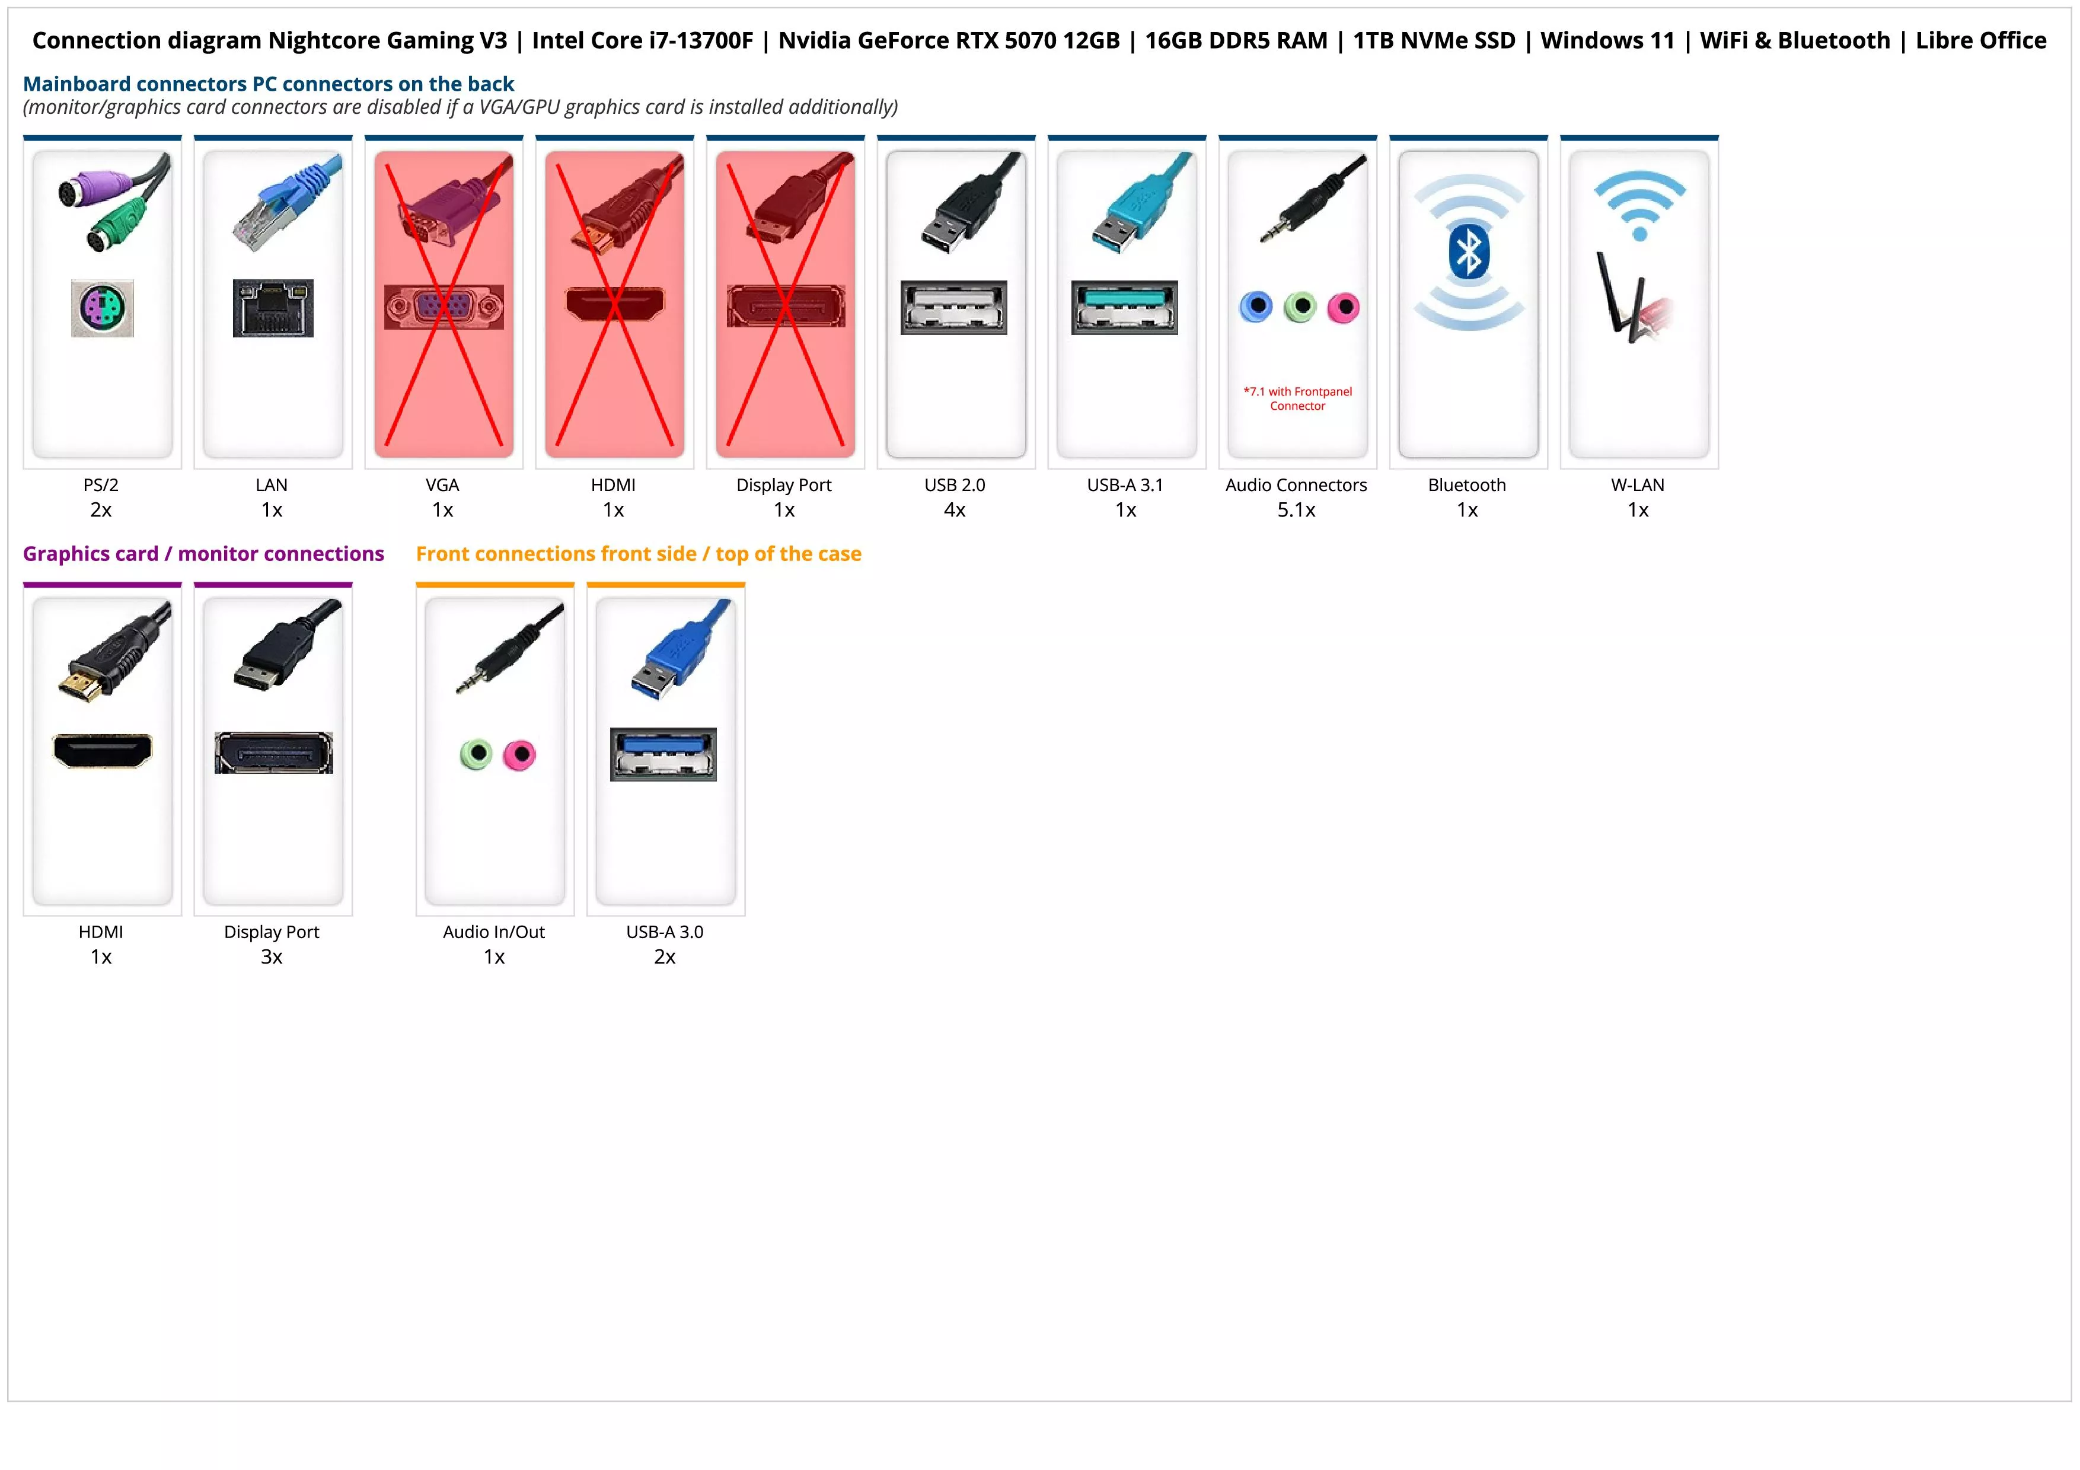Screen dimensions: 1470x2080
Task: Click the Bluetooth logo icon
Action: coord(1469,252)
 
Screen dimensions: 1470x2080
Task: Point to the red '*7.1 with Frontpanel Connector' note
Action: coord(1297,398)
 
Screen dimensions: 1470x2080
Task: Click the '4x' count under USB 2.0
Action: coord(955,510)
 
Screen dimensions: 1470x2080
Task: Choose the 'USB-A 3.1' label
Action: coord(1125,484)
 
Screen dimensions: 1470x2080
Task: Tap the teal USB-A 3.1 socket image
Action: coord(1124,307)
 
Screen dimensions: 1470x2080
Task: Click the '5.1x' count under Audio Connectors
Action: coord(1296,510)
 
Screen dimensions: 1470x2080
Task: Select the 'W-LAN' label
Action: coord(1637,484)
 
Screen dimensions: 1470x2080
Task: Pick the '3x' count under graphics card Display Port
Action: coord(272,956)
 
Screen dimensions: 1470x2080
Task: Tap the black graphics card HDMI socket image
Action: coord(103,751)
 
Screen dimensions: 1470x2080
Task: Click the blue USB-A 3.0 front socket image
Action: coord(663,754)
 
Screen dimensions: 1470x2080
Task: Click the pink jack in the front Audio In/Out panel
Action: coord(520,754)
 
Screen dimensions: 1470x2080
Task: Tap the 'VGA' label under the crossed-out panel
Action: coord(442,484)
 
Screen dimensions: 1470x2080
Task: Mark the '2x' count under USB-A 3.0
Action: coord(665,956)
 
